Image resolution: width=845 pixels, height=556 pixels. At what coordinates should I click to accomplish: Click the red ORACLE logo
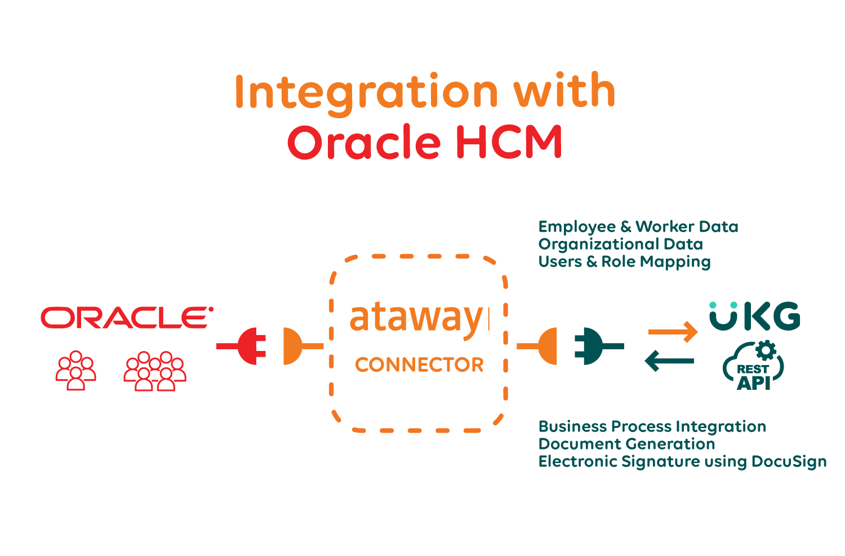tap(127, 318)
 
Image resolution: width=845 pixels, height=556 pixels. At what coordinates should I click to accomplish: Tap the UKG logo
tap(755, 317)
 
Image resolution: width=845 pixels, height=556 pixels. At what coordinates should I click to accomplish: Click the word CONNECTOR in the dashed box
tap(419, 364)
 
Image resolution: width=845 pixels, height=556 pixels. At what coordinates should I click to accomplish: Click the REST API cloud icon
tap(754, 366)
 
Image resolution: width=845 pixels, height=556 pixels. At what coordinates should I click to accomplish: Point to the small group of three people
tap(76, 370)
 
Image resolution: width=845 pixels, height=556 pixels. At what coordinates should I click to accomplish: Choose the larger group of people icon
tap(155, 370)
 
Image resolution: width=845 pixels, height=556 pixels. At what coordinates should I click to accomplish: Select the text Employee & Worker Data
tap(638, 226)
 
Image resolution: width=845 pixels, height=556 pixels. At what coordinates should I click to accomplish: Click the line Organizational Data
tap(620, 244)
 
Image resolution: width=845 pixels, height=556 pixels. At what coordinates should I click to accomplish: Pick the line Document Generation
tap(626, 444)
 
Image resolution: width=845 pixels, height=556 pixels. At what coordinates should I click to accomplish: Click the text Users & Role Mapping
tap(624, 261)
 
